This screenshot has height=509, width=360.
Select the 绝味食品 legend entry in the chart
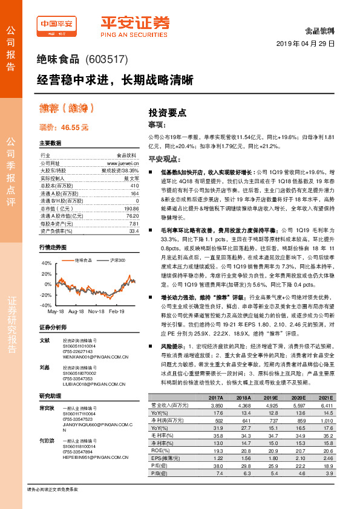click(83, 260)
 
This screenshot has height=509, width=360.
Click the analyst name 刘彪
click(44, 367)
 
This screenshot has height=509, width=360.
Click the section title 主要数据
click(50, 144)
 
